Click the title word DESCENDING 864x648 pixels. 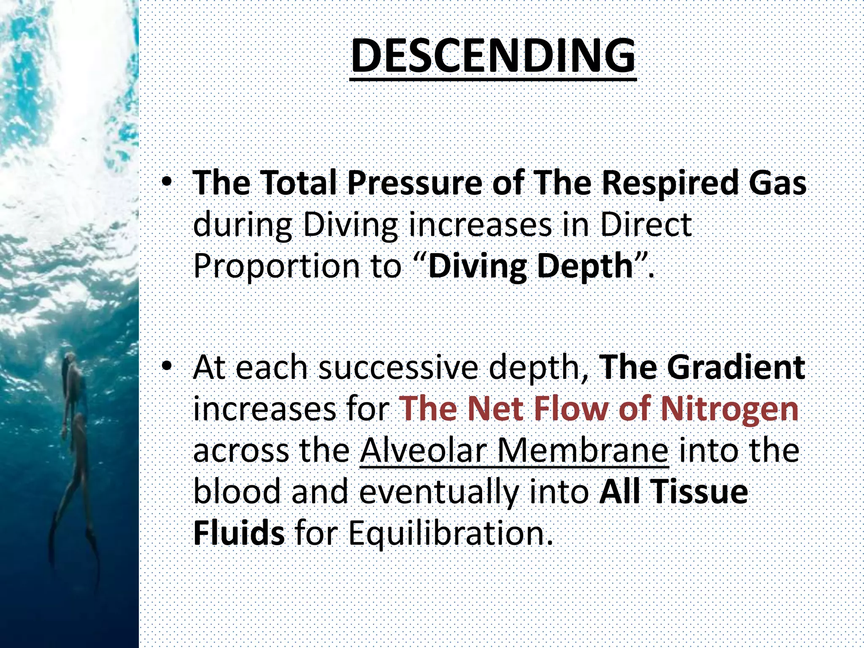[493, 56]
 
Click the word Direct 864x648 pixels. [645, 224]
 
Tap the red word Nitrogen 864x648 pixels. [730, 408]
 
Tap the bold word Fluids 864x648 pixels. [239, 533]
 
